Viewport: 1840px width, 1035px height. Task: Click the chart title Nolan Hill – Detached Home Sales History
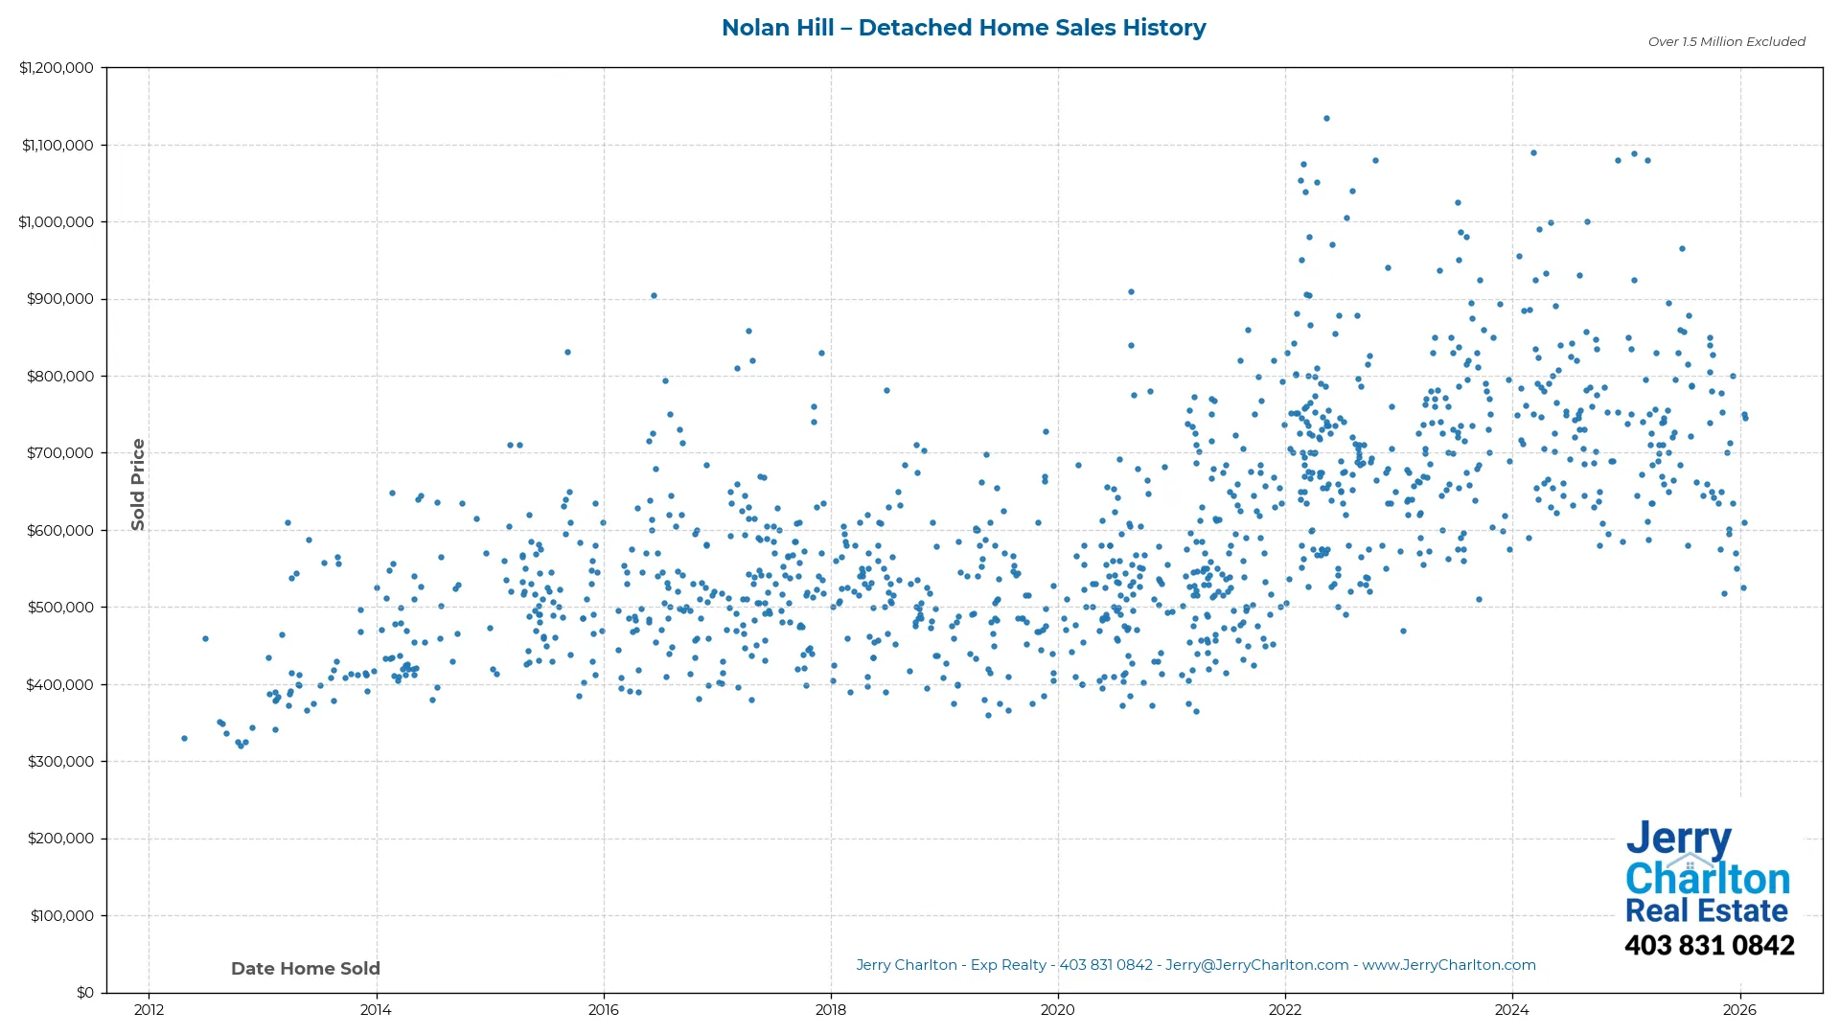tap(963, 28)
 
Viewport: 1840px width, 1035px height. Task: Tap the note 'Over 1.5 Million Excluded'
tap(1726, 42)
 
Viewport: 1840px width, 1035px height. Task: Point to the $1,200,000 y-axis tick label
tap(57, 68)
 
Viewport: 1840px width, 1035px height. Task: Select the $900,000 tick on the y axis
tap(60, 299)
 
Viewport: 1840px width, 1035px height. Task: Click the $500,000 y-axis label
tap(60, 608)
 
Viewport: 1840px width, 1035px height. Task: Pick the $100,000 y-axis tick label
tap(62, 916)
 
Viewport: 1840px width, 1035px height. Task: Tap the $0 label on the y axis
tap(85, 993)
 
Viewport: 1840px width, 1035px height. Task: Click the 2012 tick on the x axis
tap(149, 1010)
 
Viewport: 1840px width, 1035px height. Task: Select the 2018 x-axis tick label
tap(831, 1010)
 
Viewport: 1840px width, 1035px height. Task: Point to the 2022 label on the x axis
tap(1285, 1010)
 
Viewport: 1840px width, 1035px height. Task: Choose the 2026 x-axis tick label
tap(1739, 1010)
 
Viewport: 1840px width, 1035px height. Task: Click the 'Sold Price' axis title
tap(138, 484)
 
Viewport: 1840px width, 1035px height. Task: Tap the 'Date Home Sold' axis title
tap(306, 969)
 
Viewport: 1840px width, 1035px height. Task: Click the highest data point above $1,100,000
tap(1326, 119)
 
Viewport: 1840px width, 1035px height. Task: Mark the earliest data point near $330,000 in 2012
tap(184, 739)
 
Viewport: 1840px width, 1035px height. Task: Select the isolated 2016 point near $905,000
tap(654, 296)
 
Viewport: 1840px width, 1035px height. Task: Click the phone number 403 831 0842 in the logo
tap(1709, 946)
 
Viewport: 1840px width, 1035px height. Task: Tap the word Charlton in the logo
tap(1707, 879)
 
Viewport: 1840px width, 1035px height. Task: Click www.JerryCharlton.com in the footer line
tap(1449, 965)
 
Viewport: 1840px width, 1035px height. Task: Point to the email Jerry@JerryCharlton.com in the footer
tap(1256, 965)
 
